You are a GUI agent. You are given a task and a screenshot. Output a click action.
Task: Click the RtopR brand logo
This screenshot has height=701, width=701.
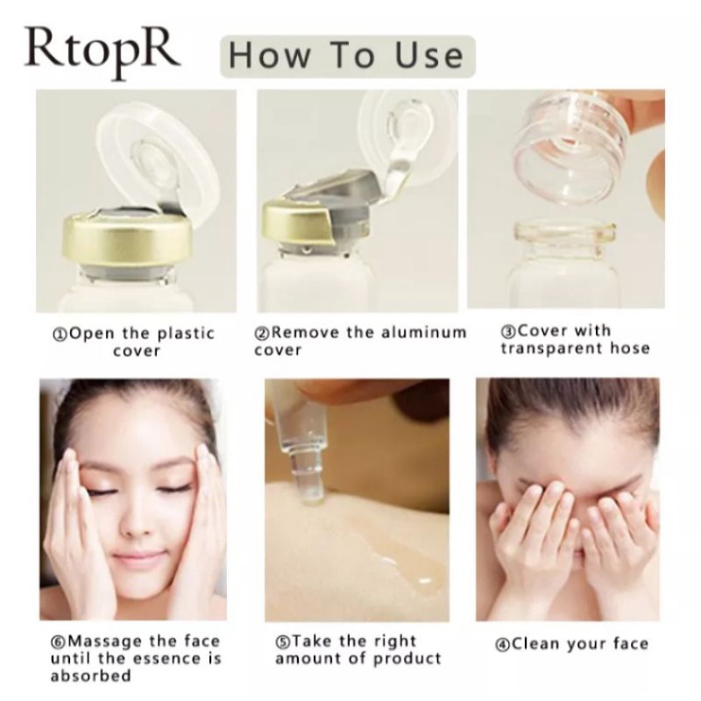pyautogui.click(x=102, y=52)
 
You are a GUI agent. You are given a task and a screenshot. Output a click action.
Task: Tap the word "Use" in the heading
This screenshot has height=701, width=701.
pyautogui.click(x=429, y=56)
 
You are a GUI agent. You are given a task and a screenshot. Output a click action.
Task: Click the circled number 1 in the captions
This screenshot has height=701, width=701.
pyautogui.click(x=60, y=335)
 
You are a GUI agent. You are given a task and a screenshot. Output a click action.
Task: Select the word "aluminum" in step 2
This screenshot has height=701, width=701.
pyautogui.click(x=424, y=332)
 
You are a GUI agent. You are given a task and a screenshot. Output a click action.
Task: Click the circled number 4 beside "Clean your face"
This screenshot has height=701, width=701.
pyautogui.click(x=502, y=645)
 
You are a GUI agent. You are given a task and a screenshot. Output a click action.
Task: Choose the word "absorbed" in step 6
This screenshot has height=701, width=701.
pyautogui.click(x=91, y=675)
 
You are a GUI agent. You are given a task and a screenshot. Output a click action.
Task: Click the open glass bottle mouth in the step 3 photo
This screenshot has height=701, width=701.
pyautogui.click(x=564, y=233)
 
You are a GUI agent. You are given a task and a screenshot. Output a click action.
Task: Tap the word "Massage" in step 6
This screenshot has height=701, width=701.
pyautogui.click(x=104, y=641)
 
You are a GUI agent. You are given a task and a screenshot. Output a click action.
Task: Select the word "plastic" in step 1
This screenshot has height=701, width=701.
pyautogui.click(x=187, y=334)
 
